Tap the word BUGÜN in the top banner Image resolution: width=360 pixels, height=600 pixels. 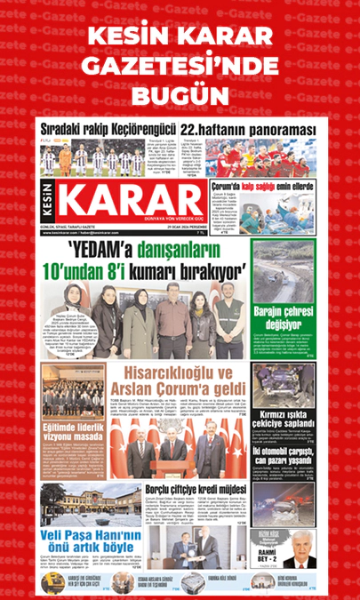pyautogui.click(x=179, y=93)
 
